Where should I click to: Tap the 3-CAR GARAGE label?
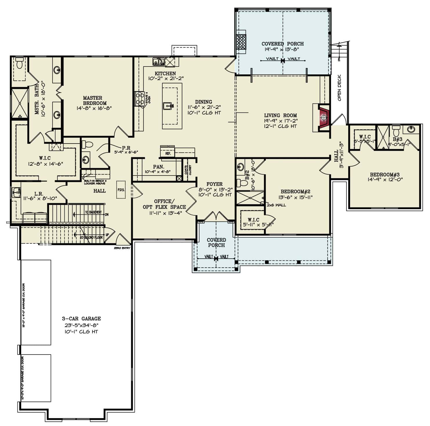click(81, 318)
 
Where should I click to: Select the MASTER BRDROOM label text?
click(92, 101)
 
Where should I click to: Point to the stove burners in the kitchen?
click(139, 98)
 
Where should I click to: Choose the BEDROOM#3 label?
click(384, 175)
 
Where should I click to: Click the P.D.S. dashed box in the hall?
click(121, 190)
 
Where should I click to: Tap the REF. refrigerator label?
click(168, 153)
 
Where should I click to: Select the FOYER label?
click(214, 184)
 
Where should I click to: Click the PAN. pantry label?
click(158, 167)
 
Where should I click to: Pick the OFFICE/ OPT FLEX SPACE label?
click(164, 204)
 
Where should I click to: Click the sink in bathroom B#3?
click(411, 129)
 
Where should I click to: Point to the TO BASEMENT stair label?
click(93, 212)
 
